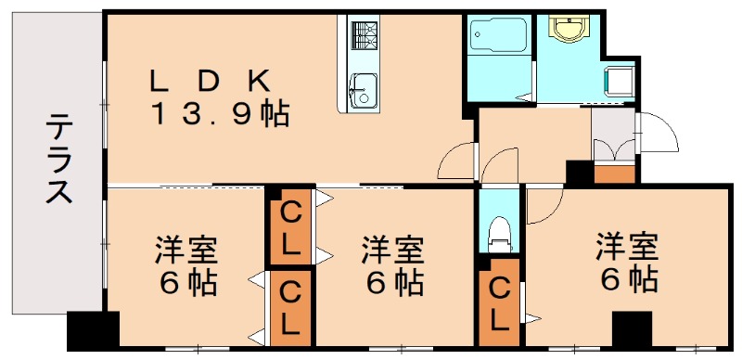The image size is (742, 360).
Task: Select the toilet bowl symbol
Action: [x=500, y=231]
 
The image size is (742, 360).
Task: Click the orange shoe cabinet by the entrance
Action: [x=614, y=174]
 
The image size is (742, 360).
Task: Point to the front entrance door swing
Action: [x=656, y=135]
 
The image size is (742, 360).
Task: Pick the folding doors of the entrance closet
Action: [x=614, y=148]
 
